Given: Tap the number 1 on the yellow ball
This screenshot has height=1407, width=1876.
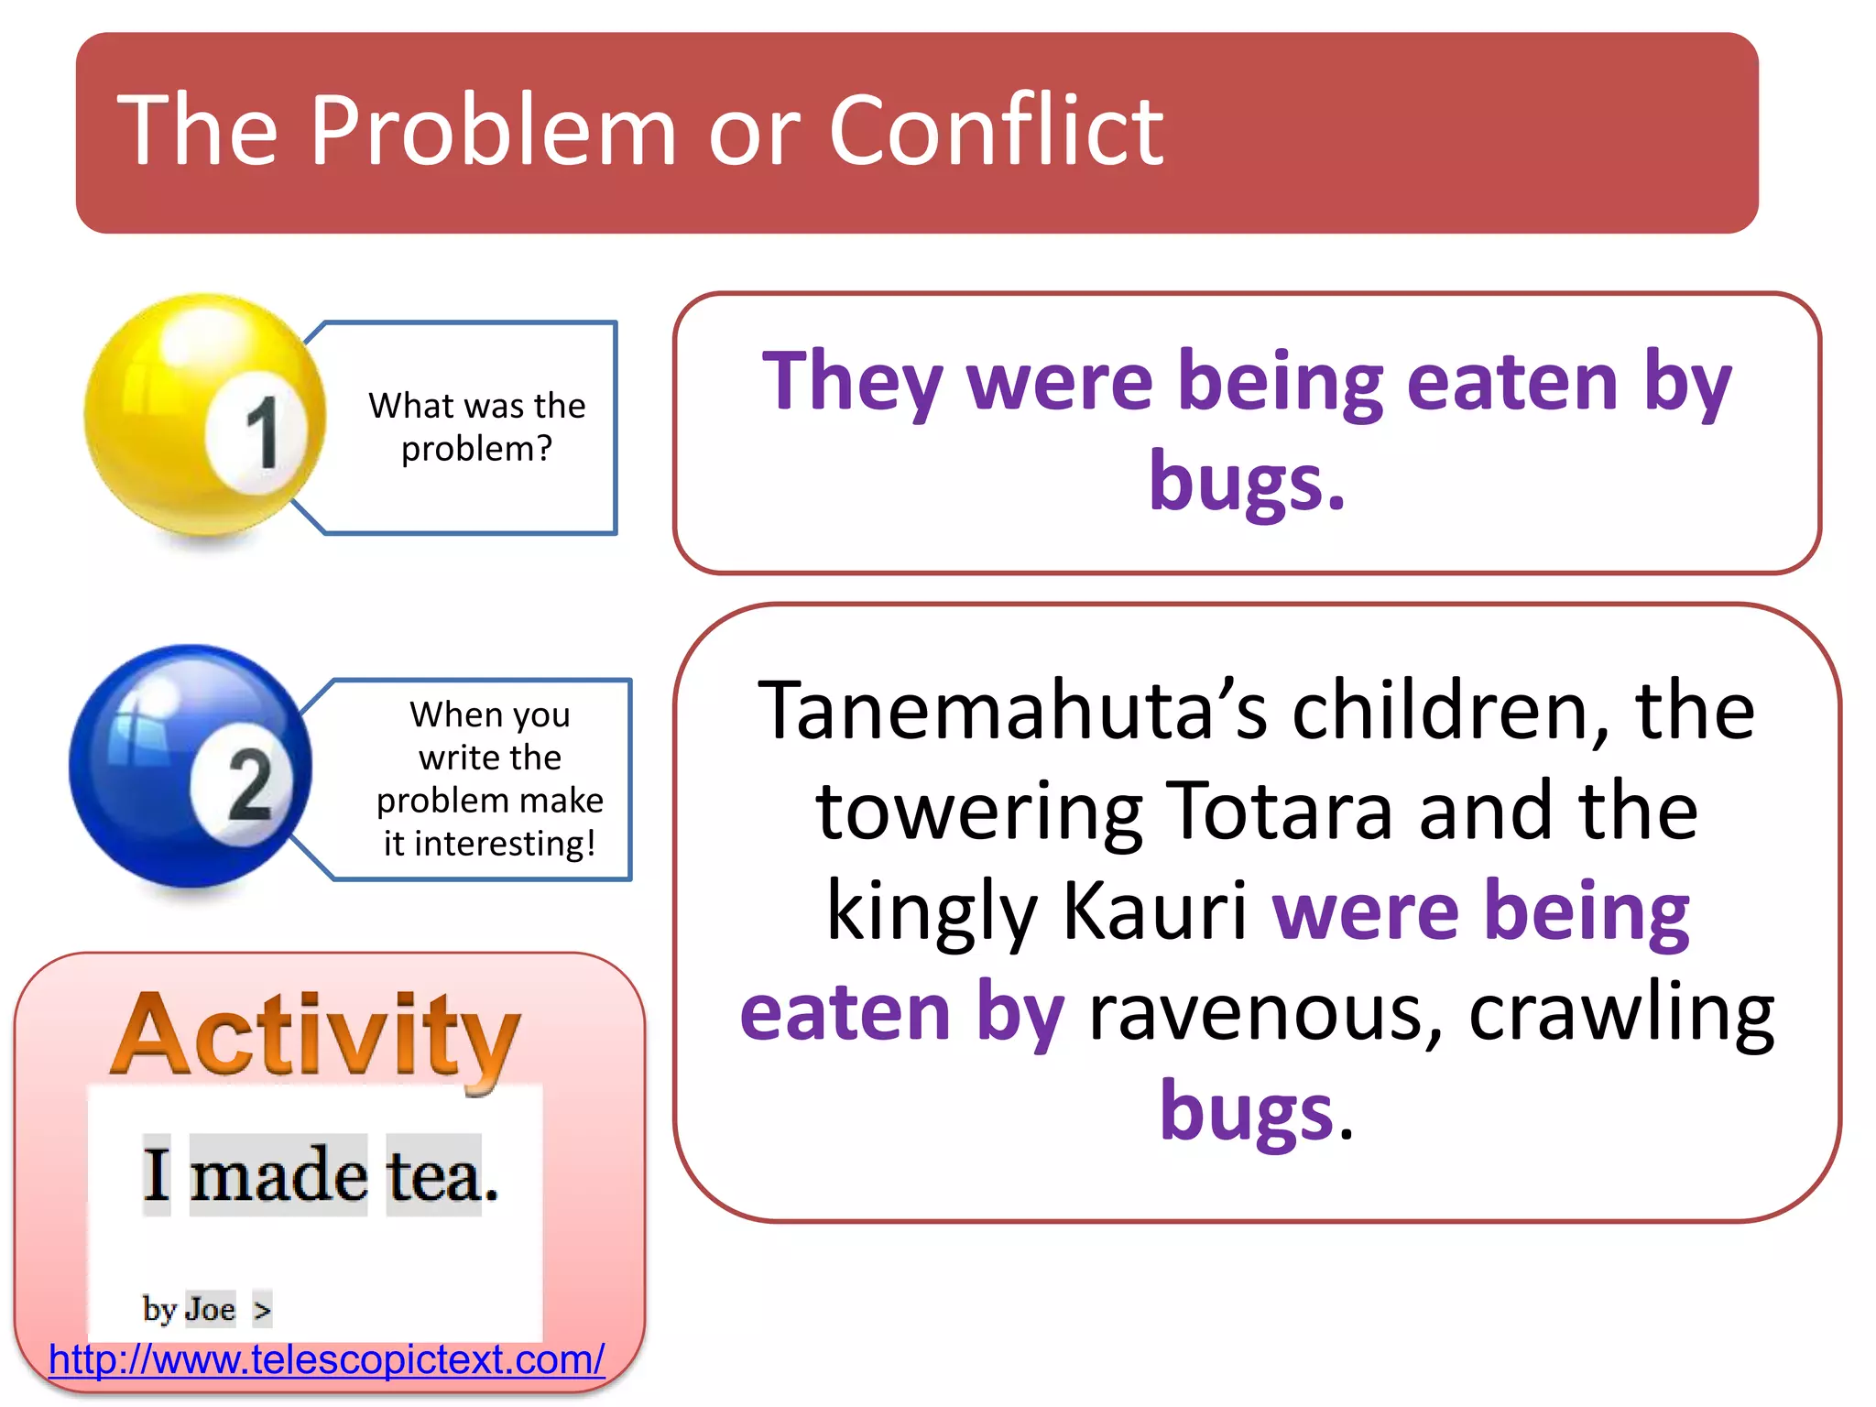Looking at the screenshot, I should (x=261, y=434).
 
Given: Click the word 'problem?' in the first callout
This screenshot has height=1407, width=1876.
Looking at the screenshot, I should (x=476, y=449).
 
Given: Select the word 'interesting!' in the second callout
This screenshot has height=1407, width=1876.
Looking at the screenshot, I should (x=505, y=844).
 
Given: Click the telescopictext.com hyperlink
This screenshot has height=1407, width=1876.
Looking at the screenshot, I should (x=326, y=1359).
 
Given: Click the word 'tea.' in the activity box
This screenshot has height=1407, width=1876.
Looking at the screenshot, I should (x=442, y=1176).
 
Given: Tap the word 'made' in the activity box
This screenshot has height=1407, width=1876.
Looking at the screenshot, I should (x=278, y=1176).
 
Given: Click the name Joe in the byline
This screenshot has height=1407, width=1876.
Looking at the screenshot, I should (x=210, y=1310).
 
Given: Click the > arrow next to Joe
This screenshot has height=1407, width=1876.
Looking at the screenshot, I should (x=262, y=1310).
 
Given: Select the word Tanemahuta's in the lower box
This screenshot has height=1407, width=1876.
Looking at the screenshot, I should (x=1012, y=713).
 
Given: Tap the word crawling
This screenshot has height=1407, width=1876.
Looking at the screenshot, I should (x=1621, y=1014).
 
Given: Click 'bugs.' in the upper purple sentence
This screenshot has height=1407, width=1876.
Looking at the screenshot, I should (x=1247, y=480).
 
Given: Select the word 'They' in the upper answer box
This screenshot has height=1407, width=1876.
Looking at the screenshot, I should (x=852, y=383).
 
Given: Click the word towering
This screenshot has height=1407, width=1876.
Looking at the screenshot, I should (x=978, y=812).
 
